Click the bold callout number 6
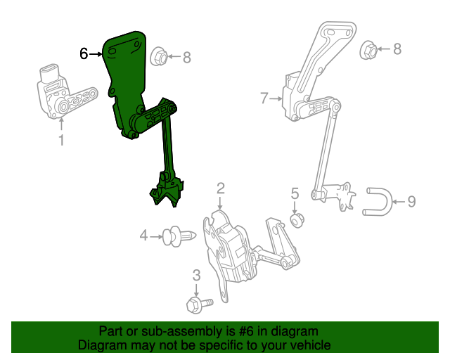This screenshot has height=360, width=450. coord(84,53)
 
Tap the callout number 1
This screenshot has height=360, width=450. coord(61,140)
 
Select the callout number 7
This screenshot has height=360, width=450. coord(264,98)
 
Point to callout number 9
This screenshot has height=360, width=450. coord(411,202)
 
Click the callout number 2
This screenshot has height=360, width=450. coord(220,188)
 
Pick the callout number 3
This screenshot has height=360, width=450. coord(196,275)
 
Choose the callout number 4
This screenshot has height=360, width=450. coord(143,236)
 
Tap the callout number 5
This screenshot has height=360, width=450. coord(295,193)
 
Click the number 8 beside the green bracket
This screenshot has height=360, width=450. coord(187,58)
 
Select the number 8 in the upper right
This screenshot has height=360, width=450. coord(397,49)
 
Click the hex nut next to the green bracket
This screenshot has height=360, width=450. coord(159,56)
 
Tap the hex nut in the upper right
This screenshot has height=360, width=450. coord(368,50)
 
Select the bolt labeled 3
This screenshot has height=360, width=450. coord(200,305)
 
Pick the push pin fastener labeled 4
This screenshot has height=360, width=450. coord(179,236)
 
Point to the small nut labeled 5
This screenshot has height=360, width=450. coord(297,221)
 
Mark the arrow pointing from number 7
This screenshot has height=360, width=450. coord(276,98)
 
